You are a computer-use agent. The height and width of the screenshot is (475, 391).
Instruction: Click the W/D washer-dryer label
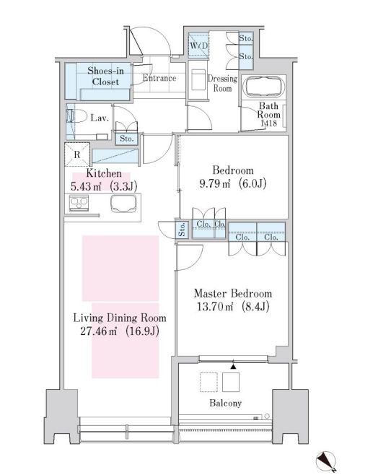pos(199,46)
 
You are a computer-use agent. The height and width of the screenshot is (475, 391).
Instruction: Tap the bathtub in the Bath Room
pos(263,87)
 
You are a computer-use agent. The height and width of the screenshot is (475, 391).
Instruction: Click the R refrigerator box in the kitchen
pos(77,154)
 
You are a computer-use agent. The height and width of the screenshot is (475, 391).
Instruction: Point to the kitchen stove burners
pos(79,203)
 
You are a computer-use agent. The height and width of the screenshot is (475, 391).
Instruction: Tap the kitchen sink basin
pos(123,204)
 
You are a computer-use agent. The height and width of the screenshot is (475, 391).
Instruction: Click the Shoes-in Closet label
pos(105,76)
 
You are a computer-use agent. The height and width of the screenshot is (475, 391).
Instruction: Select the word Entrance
pos(159,78)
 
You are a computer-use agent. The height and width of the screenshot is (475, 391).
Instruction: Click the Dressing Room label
pos(222,83)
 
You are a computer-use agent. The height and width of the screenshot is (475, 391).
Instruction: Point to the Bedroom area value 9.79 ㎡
pos(215,183)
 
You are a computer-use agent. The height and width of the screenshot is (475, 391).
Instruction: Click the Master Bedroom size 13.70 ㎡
pos(215,307)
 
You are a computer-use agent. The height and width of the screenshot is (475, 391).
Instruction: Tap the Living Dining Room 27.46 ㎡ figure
pos(99,331)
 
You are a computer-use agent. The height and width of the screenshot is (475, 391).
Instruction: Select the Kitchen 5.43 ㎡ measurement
pos(86,186)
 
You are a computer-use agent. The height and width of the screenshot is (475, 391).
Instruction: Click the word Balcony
pos(226,404)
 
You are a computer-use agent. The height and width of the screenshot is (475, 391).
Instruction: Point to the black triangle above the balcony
pos(233,367)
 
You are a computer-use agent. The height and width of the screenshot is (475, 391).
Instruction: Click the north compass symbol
pos(326,461)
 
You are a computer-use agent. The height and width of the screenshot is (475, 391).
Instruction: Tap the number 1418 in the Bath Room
pos(269,123)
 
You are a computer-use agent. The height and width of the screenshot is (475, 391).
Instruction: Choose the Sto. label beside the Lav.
pos(126,139)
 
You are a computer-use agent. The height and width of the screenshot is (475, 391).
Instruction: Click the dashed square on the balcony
pos(208,382)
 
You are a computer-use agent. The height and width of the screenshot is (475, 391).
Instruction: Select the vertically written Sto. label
pos(183,230)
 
